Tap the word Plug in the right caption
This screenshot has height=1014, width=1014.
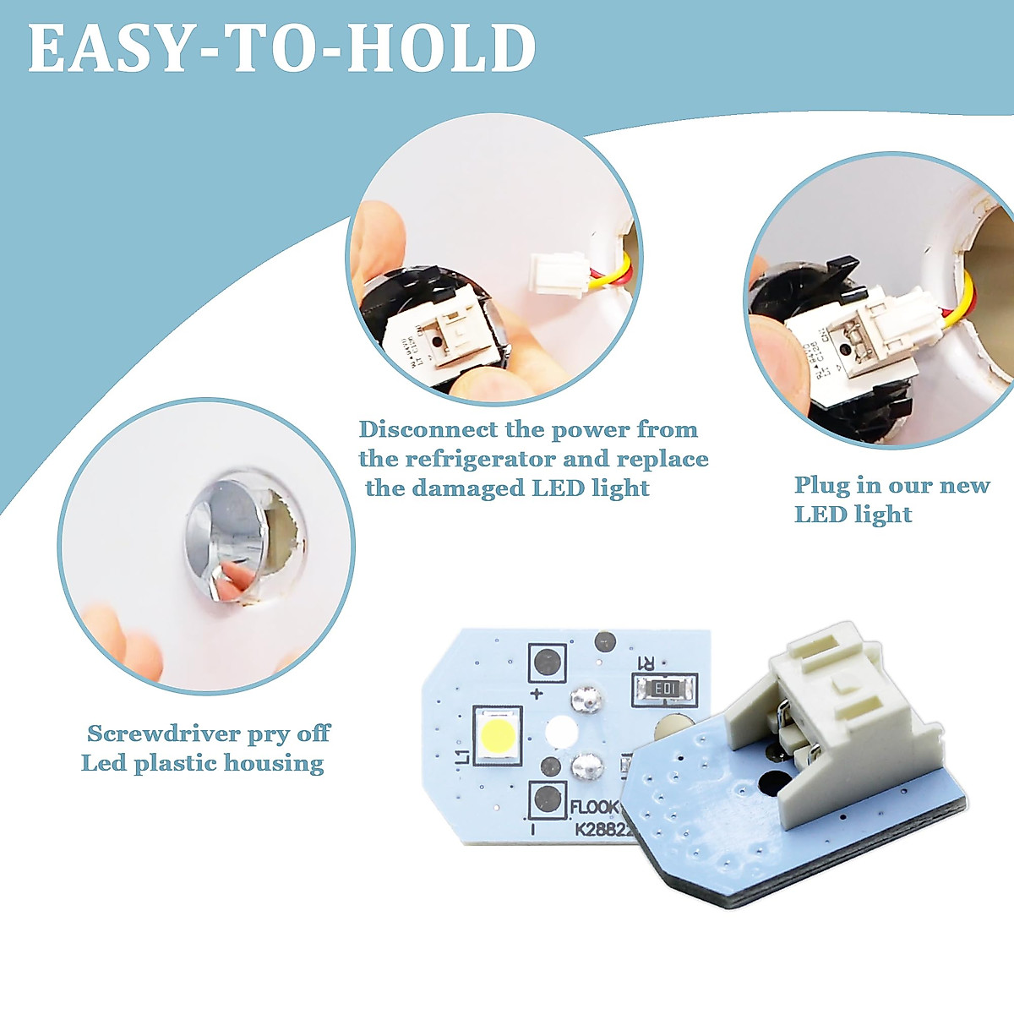click(822, 486)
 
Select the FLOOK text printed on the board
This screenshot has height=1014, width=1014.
click(594, 808)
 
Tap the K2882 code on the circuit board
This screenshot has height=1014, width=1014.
click(603, 830)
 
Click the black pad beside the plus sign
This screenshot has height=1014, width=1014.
click(548, 661)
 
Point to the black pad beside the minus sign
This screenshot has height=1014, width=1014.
click(548, 798)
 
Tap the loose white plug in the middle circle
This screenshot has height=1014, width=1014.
click(558, 275)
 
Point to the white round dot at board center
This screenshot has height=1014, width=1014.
click(560, 732)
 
